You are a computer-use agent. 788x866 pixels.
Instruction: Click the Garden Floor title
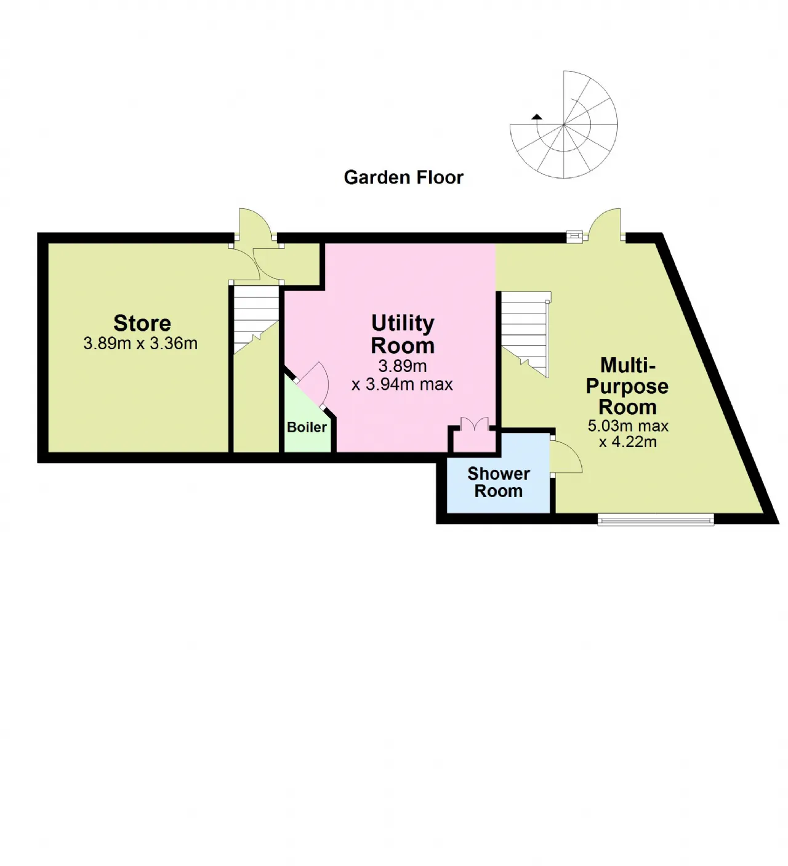(x=403, y=177)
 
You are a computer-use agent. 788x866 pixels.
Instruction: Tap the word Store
(x=142, y=323)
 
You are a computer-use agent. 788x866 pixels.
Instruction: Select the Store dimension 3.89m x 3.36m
(x=140, y=344)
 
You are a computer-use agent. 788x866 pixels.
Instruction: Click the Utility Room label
(x=403, y=334)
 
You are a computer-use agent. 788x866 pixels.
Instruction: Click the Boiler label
(x=307, y=427)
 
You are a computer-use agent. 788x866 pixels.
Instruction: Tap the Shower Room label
(x=499, y=482)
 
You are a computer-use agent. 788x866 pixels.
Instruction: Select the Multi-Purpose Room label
(x=627, y=386)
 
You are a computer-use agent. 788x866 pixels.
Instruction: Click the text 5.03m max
(x=628, y=426)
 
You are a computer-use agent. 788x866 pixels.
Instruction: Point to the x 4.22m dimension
(x=628, y=442)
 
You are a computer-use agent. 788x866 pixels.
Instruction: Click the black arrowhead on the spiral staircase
(x=536, y=116)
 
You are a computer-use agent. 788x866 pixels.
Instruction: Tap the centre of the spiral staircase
(x=563, y=125)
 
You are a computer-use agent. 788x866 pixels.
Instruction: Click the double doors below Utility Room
(x=474, y=424)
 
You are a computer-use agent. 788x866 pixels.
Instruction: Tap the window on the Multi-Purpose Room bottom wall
(x=656, y=520)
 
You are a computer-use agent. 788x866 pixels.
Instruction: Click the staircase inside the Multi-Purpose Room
(x=524, y=333)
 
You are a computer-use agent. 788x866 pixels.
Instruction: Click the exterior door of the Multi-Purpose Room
(x=605, y=223)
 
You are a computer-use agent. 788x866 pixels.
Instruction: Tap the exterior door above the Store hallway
(x=255, y=223)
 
